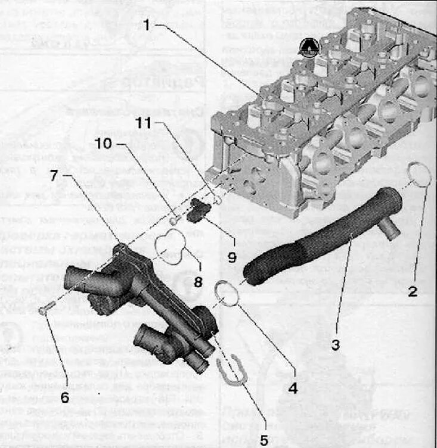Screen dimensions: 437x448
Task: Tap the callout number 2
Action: point(413,292)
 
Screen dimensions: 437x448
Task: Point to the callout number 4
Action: point(292,388)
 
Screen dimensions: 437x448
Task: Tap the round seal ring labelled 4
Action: point(227,293)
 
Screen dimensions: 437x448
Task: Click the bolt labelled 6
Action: point(47,309)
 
